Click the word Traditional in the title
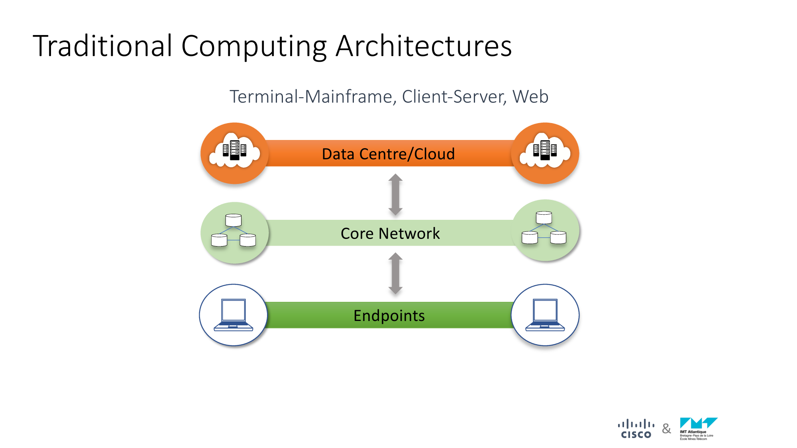tap(103, 46)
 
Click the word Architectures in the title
tap(424, 46)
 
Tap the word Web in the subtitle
tap(530, 97)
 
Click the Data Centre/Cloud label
tap(388, 154)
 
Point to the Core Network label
tap(390, 233)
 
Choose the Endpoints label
tap(389, 315)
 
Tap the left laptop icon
tap(234, 315)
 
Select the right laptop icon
tap(545, 315)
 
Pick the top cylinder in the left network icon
tap(234, 220)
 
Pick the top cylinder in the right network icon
tap(544, 217)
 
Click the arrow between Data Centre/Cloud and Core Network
tap(395, 194)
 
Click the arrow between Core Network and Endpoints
tap(395, 273)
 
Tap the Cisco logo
tap(636, 429)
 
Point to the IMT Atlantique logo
tap(698, 428)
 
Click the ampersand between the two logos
tap(666, 429)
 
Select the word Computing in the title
tap(254, 46)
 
